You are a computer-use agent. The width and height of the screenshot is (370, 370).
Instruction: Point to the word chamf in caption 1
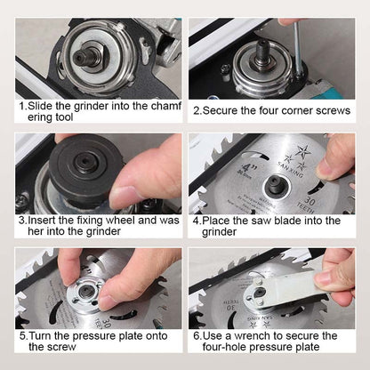click(163, 104)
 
